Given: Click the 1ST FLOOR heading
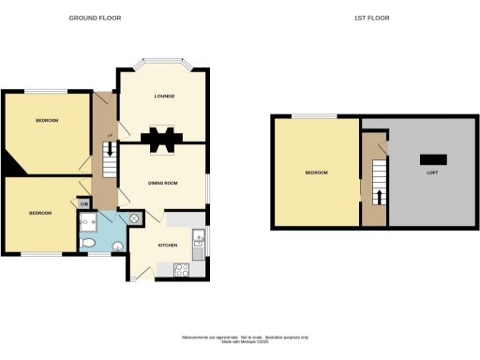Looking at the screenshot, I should click(x=372, y=18).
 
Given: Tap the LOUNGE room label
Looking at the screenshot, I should click(x=166, y=95).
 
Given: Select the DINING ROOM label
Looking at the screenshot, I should click(x=164, y=183).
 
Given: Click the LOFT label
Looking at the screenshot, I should click(x=432, y=172).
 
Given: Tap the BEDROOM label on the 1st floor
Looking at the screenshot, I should click(x=315, y=172).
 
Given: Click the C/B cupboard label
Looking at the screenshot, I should click(x=84, y=203).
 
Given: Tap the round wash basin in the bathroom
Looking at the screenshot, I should click(x=117, y=247).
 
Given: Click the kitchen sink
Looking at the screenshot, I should click(x=199, y=239).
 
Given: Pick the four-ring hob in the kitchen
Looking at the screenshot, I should click(x=182, y=271).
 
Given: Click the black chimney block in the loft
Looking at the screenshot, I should click(x=432, y=157).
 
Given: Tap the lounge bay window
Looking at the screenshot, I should click(x=163, y=64).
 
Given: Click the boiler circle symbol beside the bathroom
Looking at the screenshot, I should click(x=134, y=217).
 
